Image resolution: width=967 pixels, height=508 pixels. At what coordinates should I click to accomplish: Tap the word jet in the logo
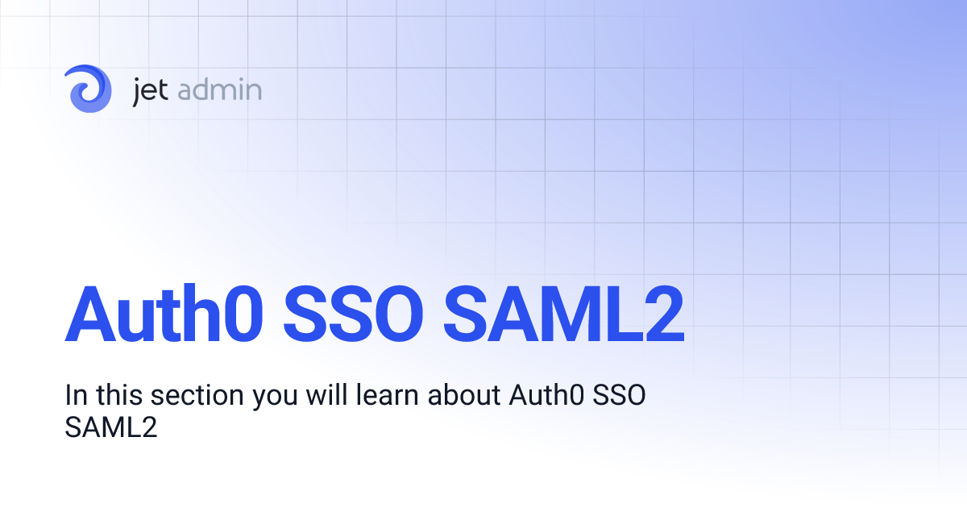[x=149, y=90]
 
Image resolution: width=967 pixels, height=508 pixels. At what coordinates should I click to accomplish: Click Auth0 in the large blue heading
[x=164, y=313]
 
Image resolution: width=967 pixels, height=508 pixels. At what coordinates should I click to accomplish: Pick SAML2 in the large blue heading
[x=565, y=313]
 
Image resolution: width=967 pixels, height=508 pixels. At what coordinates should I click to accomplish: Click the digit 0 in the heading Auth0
[x=241, y=313]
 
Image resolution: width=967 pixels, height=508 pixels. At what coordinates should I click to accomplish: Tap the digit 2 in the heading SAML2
[x=662, y=313]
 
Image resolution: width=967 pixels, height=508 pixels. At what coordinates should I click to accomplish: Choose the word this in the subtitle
[x=117, y=396]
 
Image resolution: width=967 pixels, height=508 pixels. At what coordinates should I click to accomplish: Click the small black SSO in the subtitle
[x=619, y=396]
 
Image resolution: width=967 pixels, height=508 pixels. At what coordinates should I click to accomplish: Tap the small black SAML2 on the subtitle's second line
[x=110, y=427]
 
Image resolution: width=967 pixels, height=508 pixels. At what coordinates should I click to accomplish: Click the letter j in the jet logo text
[x=137, y=90]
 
